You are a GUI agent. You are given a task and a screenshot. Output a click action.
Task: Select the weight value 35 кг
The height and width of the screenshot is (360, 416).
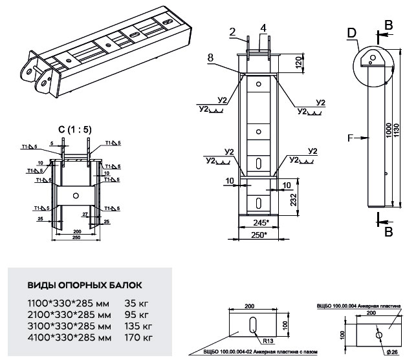(x=135, y=302)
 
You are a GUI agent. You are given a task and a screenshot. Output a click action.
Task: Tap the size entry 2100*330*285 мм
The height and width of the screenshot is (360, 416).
(x=69, y=313)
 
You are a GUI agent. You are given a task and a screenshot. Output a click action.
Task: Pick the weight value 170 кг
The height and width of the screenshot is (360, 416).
(x=138, y=337)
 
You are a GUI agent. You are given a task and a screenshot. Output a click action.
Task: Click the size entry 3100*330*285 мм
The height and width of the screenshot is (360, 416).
(x=69, y=325)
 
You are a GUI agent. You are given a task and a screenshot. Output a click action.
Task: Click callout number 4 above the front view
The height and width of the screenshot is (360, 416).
(x=263, y=27)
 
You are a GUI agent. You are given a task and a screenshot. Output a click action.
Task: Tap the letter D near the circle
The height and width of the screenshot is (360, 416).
(x=351, y=32)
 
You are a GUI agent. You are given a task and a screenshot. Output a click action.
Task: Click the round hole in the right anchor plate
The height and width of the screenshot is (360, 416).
(x=378, y=335)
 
